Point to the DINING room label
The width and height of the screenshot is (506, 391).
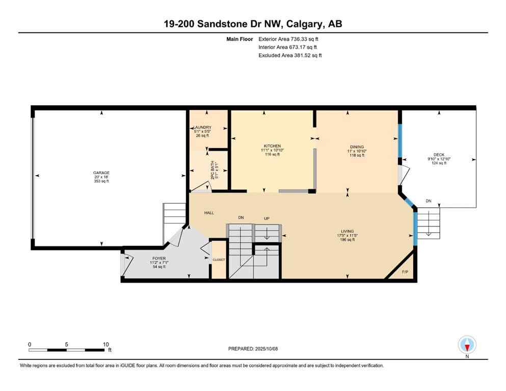357,147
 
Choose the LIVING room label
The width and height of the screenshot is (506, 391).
348,231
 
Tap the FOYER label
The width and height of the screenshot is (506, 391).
158,259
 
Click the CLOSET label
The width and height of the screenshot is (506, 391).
219,260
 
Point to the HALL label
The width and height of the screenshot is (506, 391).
209,213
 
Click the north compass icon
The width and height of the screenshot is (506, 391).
467,345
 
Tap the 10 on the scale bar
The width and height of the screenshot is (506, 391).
105,344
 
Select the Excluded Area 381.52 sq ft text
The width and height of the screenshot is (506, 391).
290,55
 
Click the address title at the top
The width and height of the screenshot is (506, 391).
253,23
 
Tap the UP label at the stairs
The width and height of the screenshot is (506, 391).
267,218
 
